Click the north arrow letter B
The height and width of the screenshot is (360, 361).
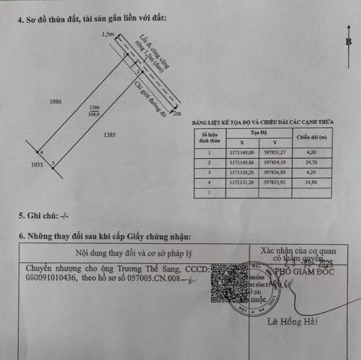[349, 42]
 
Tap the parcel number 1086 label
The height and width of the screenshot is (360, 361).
[56, 101]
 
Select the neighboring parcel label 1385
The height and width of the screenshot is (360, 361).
[110, 135]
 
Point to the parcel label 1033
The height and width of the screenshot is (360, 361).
[37, 165]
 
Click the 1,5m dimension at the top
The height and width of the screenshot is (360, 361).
[108, 34]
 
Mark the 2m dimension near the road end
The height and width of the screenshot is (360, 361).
[177, 113]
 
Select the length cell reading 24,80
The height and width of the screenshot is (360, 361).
[312, 183]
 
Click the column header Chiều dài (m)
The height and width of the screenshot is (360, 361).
[312, 137]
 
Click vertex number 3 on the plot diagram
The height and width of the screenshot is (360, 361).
[53, 164]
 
